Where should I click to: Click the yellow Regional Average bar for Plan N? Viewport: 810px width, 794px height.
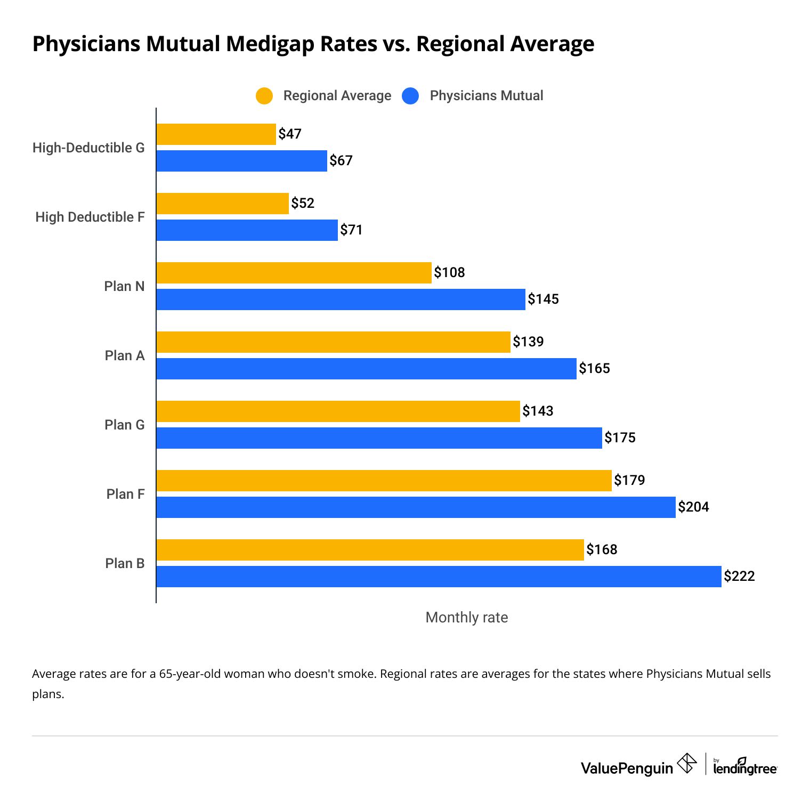click(294, 273)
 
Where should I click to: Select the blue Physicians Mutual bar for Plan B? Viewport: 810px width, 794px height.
click(439, 577)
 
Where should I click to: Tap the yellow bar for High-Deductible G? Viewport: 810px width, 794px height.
click(216, 134)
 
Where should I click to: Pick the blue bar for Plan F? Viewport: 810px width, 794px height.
click(416, 507)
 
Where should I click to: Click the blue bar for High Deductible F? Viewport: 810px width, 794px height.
click(247, 230)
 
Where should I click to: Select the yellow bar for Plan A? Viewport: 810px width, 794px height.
click(333, 342)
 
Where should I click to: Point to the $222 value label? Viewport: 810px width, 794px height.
click(739, 576)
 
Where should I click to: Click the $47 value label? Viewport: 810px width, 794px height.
click(290, 134)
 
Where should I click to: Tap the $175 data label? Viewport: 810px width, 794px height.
click(620, 437)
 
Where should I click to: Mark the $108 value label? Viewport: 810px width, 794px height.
click(449, 272)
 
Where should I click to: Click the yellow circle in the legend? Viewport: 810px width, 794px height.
click(264, 96)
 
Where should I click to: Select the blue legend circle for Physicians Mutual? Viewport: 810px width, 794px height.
click(410, 96)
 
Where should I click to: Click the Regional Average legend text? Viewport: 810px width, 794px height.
click(337, 96)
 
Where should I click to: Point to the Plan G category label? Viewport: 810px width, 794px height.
click(124, 425)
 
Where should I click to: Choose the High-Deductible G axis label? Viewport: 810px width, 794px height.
click(88, 148)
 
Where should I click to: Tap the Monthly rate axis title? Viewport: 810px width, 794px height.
click(466, 617)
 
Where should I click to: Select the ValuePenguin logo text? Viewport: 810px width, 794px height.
click(627, 768)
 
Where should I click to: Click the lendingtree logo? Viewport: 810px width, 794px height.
click(745, 767)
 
